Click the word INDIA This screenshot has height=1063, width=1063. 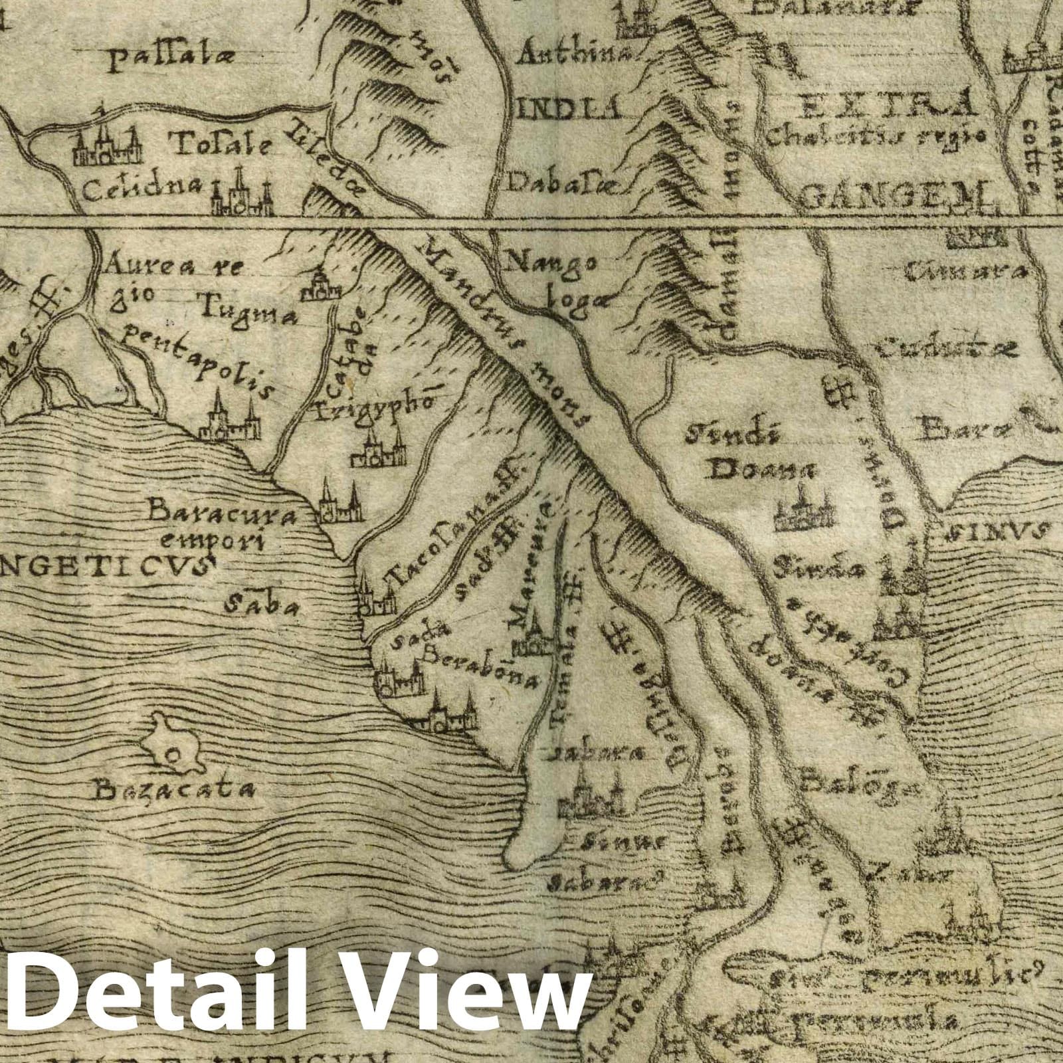pos(568,107)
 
